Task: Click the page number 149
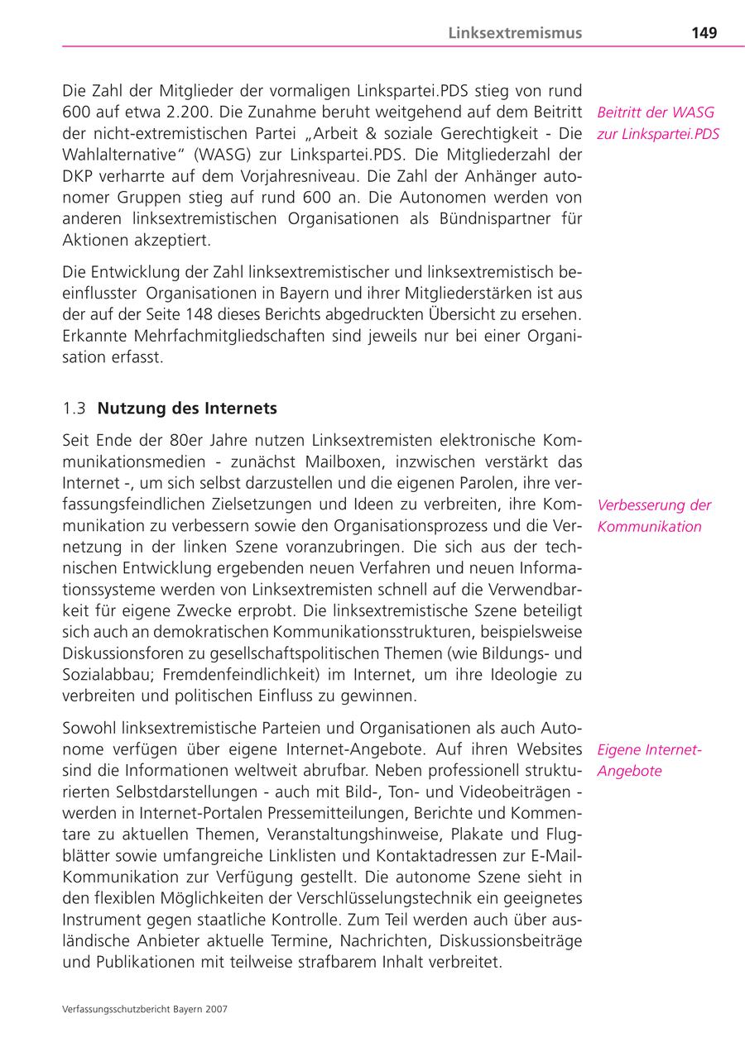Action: coord(704,33)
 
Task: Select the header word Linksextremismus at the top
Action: coord(515,33)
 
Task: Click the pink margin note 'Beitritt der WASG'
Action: coord(655,112)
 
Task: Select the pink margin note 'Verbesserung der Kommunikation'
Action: coord(654,516)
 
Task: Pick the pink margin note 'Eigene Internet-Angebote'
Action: coord(649,760)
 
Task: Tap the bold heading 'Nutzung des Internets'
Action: coord(187,409)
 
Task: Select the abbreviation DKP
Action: coord(79,176)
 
